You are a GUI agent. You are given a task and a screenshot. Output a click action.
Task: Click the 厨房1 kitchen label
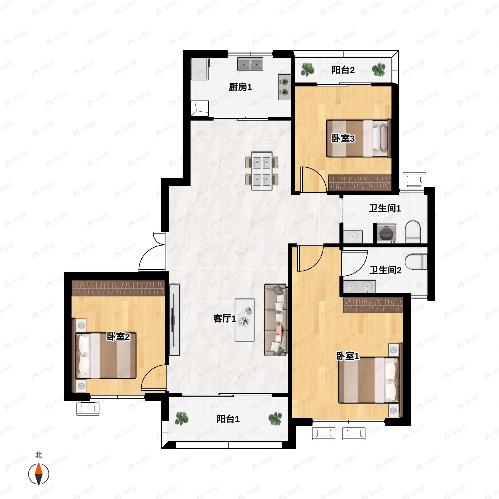(240, 87)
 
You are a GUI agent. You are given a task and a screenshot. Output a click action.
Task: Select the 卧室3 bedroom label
(343, 139)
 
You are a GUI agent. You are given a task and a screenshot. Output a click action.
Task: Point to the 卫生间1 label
(385, 208)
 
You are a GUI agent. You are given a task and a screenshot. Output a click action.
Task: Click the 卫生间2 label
(385, 270)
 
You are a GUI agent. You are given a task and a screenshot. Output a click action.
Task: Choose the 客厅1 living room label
(225, 319)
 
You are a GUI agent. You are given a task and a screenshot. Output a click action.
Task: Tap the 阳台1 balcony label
(228, 419)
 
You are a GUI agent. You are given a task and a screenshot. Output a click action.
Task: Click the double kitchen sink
(250, 64)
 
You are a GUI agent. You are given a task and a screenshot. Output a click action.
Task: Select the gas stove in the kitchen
(284, 87)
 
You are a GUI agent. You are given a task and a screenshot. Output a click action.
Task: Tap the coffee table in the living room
(244, 320)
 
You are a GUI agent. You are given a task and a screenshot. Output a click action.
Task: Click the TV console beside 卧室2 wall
(174, 320)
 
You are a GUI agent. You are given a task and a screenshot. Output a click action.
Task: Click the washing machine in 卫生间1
(386, 233)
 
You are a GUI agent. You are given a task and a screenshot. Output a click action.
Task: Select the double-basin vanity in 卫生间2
(359, 287)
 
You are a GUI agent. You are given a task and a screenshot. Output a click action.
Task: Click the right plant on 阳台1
(275, 419)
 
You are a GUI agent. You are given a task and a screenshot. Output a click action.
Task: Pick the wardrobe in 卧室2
(118, 288)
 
